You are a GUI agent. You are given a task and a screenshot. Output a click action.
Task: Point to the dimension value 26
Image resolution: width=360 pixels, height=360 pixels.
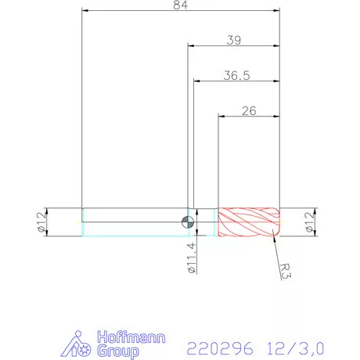(x=249, y=111)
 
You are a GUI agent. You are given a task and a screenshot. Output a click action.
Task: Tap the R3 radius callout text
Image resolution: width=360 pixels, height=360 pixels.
(x=289, y=271)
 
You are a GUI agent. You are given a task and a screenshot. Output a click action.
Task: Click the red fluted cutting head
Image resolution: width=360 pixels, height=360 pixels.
(x=248, y=221)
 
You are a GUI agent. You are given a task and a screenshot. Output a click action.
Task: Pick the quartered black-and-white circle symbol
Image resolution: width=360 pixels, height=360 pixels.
(x=186, y=220)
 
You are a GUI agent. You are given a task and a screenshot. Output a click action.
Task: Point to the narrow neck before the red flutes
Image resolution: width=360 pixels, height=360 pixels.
(x=207, y=221)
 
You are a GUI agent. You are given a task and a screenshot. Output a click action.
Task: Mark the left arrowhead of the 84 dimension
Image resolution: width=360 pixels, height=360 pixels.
(x=85, y=12)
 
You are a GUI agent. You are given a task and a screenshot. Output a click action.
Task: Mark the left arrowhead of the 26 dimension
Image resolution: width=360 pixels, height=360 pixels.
(x=221, y=117)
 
